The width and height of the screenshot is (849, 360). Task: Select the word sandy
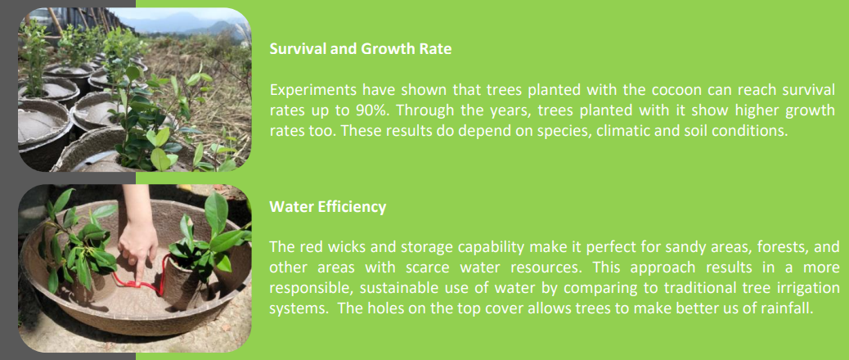[643, 248]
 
